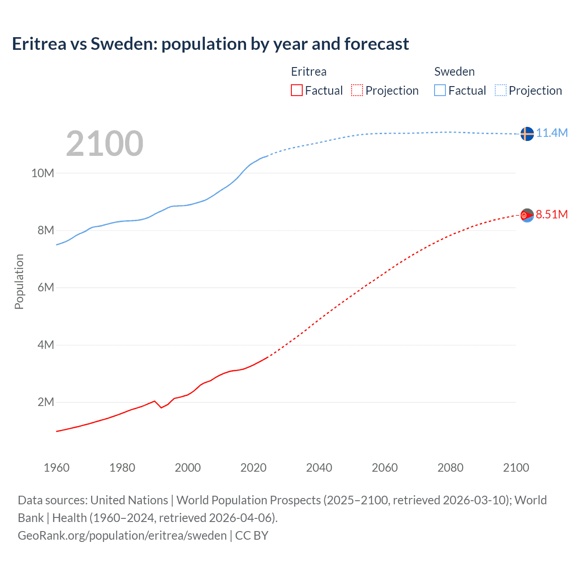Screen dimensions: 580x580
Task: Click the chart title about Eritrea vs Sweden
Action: click(210, 44)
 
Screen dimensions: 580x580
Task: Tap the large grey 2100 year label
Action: click(105, 144)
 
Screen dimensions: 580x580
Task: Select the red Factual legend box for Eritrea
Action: click(296, 90)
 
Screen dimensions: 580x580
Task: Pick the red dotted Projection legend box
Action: click(357, 90)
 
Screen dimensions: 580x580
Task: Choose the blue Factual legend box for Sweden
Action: click(440, 90)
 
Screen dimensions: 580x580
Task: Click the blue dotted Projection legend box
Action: click(500, 90)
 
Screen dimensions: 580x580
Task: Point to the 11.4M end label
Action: click(551, 133)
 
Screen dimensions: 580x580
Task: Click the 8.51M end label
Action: click(551, 214)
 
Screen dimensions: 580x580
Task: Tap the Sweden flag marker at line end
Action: click(527, 134)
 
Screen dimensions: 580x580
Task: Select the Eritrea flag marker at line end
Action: click(527, 215)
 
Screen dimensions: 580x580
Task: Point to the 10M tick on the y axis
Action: click(43, 173)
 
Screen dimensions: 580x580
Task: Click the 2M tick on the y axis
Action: click(45, 402)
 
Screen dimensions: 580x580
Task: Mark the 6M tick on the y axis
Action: click(45, 287)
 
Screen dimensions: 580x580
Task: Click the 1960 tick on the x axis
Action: click(57, 468)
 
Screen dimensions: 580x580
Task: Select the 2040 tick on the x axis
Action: click(319, 468)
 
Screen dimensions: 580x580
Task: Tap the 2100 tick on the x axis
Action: click(516, 468)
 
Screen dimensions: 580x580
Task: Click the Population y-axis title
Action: click(19, 281)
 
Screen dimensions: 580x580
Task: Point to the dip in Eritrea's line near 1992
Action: click(161, 407)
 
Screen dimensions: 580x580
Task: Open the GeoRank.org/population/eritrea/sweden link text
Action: click(122, 536)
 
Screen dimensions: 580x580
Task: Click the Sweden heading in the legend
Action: click(454, 72)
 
